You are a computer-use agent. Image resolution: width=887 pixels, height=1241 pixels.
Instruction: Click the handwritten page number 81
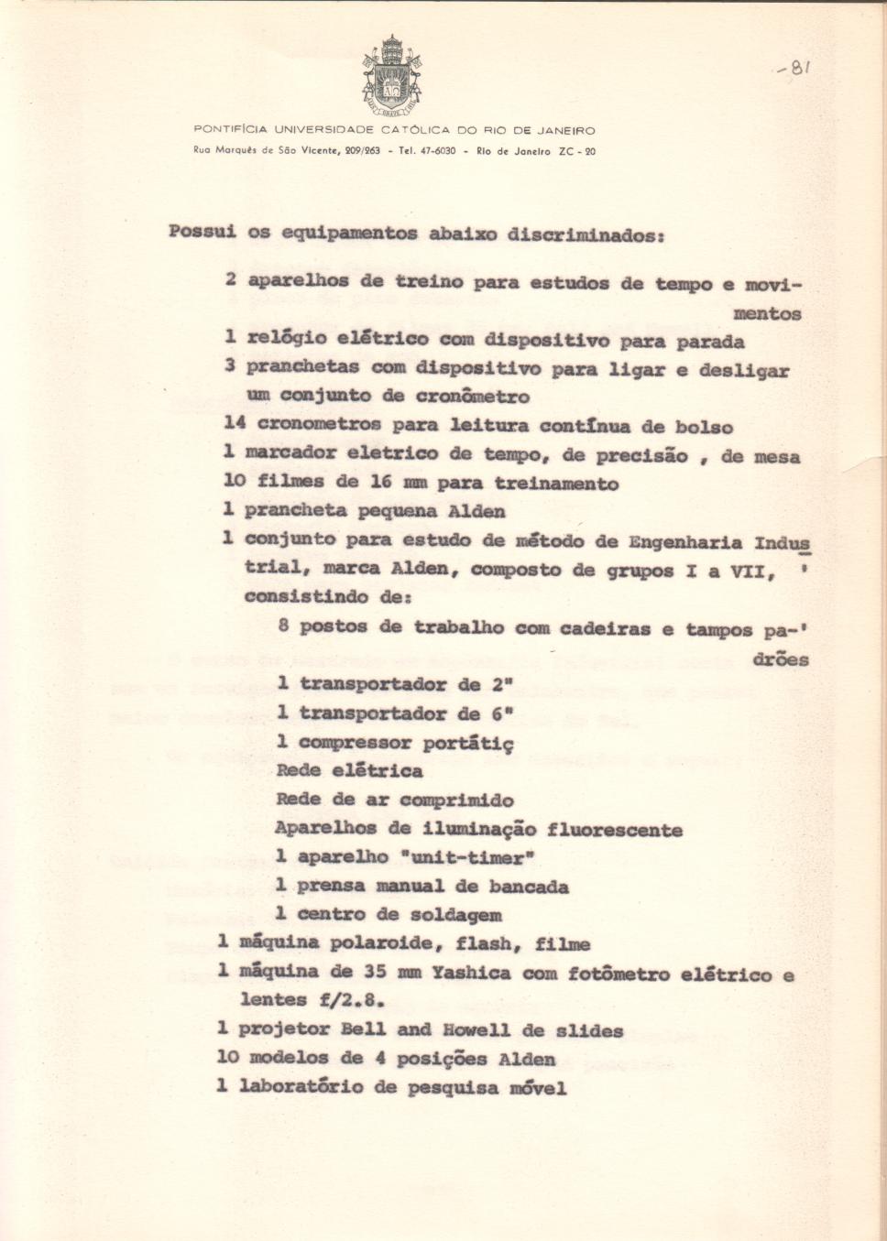(794, 68)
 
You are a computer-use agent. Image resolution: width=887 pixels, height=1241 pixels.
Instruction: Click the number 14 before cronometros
(235, 423)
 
